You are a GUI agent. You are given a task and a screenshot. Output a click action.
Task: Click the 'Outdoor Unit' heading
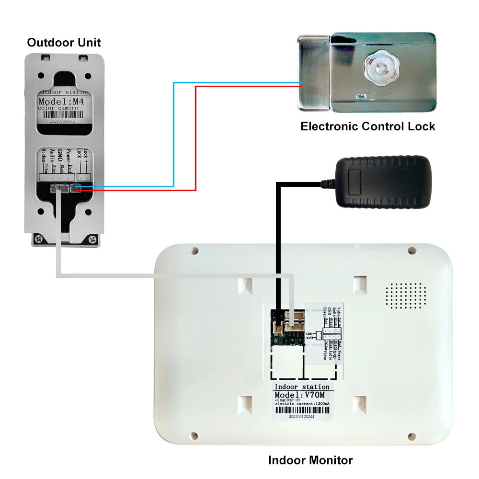(x=64, y=42)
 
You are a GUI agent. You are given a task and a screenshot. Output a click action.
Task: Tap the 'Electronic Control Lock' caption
(x=367, y=126)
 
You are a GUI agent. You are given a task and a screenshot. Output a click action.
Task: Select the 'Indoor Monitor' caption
(x=310, y=460)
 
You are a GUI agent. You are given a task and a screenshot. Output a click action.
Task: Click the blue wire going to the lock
(x=173, y=134)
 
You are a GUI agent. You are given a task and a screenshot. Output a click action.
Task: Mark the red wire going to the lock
(x=196, y=139)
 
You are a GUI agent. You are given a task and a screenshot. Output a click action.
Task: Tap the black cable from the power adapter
(x=277, y=239)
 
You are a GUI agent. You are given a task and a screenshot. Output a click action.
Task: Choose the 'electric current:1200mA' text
(x=301, y=405)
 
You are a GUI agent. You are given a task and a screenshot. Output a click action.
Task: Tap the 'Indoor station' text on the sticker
(x=301, y=387)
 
